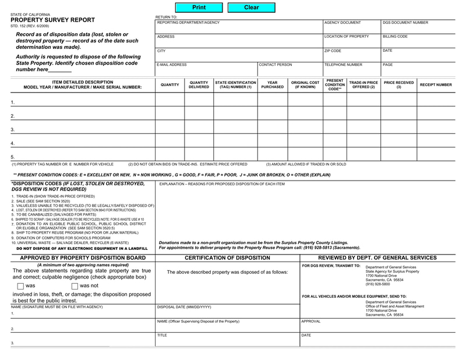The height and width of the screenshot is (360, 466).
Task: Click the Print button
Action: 199,8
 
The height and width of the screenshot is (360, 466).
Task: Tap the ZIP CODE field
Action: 351,55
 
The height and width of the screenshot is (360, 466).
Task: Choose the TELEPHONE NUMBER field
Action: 351,69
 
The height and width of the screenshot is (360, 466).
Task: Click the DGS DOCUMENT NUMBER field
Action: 423,27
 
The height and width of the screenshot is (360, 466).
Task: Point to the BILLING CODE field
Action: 423,41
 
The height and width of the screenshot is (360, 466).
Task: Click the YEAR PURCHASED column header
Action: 273,85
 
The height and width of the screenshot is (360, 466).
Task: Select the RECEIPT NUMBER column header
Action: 436,85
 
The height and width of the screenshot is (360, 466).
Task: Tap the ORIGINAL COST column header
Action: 305,85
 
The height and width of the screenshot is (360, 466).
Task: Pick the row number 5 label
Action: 12,157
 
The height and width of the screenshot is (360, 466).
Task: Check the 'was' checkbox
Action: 20,286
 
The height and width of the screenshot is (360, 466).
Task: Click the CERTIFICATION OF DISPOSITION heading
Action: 227,257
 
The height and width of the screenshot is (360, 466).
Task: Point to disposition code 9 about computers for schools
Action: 61,238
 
